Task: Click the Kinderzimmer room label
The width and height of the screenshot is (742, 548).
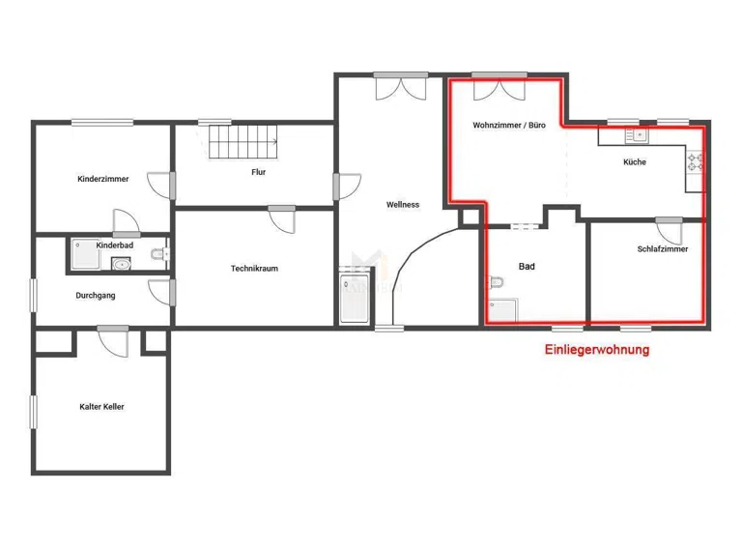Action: (103, 179)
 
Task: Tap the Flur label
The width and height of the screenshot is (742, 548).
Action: (258, 172)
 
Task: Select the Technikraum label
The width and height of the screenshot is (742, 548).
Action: (255, 269)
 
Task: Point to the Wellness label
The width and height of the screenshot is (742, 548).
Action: (403, 205)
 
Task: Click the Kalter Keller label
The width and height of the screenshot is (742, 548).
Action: (101, 407)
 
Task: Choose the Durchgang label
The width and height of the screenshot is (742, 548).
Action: (96, 296)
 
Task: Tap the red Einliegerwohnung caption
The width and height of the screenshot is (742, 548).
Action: (597, 350)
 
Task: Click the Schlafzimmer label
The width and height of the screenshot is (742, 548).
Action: (663, 249)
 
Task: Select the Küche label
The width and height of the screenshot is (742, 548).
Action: (635, 161)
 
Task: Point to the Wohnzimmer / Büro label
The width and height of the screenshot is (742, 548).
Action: (509, 126)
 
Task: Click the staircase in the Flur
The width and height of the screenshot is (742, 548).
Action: (243, 141)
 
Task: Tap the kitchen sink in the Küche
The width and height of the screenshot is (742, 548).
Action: (637, 136)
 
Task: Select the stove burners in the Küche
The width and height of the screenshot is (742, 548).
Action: (696, 161)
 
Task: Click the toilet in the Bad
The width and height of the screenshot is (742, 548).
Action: (496, 282)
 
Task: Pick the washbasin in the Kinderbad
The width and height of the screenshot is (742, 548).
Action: (121, 264)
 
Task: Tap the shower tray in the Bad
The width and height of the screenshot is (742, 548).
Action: (502, 310)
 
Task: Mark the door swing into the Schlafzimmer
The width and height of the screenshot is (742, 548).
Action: (669, 232)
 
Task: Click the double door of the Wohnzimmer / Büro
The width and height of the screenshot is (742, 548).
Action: (499, 89)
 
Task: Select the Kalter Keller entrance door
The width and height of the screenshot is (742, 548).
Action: (114, 342)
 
